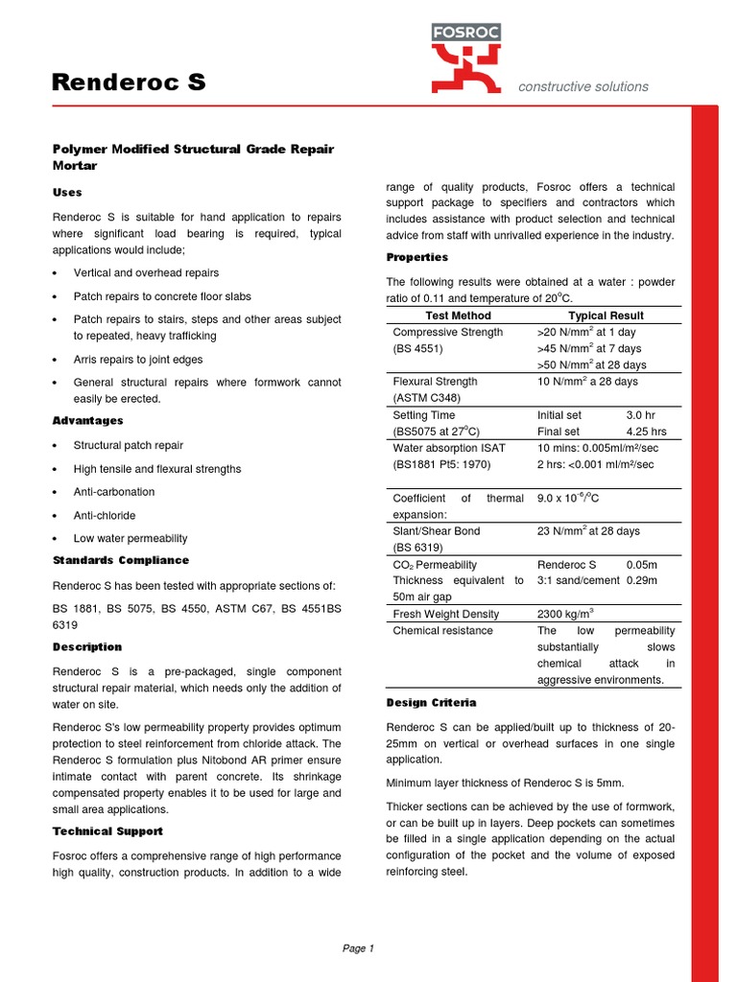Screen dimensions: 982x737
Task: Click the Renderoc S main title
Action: [129, 83]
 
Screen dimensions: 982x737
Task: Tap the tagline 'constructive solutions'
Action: [582, 87]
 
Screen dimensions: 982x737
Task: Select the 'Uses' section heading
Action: [67, 193]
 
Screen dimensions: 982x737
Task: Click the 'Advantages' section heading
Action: [87, 421]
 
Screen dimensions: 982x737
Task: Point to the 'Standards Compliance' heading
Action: [120, 560]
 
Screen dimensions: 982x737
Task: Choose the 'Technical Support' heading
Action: [107, 831]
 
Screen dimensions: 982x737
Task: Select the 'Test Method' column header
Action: [457, 316]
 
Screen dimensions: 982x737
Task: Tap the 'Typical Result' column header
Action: [606, 316]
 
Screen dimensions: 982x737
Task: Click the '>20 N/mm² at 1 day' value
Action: [588, 333]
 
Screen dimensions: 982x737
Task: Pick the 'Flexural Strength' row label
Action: [435, 382]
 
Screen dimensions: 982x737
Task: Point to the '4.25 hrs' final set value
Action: [646, 432]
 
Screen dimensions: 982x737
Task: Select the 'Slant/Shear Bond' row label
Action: [437, 531]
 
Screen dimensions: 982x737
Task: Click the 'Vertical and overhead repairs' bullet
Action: [146, 273]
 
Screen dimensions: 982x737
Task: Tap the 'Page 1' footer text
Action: [358, 948]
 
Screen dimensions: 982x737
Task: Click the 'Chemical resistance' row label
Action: [442, 631]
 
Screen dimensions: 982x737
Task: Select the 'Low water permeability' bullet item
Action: [131, 538]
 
